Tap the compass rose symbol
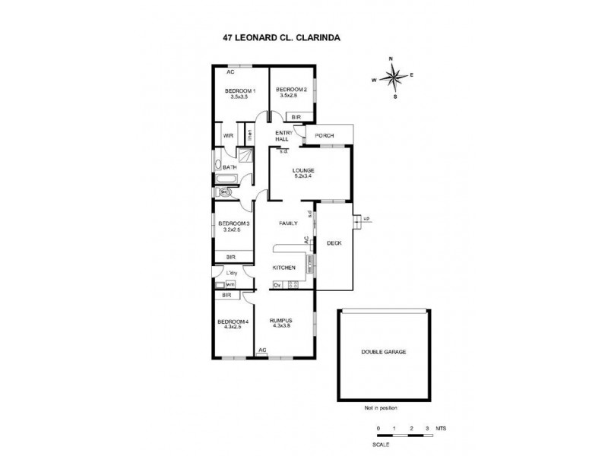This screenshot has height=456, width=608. (x=393, y=77)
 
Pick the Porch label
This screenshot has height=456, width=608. (x=325, y=136)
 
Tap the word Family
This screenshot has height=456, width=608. (x=288, y=223)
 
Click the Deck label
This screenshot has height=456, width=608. (x=333, y=243)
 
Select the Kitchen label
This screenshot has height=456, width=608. (x=283, y=269)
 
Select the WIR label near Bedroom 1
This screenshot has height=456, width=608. (x=227, y=136)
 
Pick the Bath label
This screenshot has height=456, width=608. (x=230, y=167)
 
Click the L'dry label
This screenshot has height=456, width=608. (x=233, y=273)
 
